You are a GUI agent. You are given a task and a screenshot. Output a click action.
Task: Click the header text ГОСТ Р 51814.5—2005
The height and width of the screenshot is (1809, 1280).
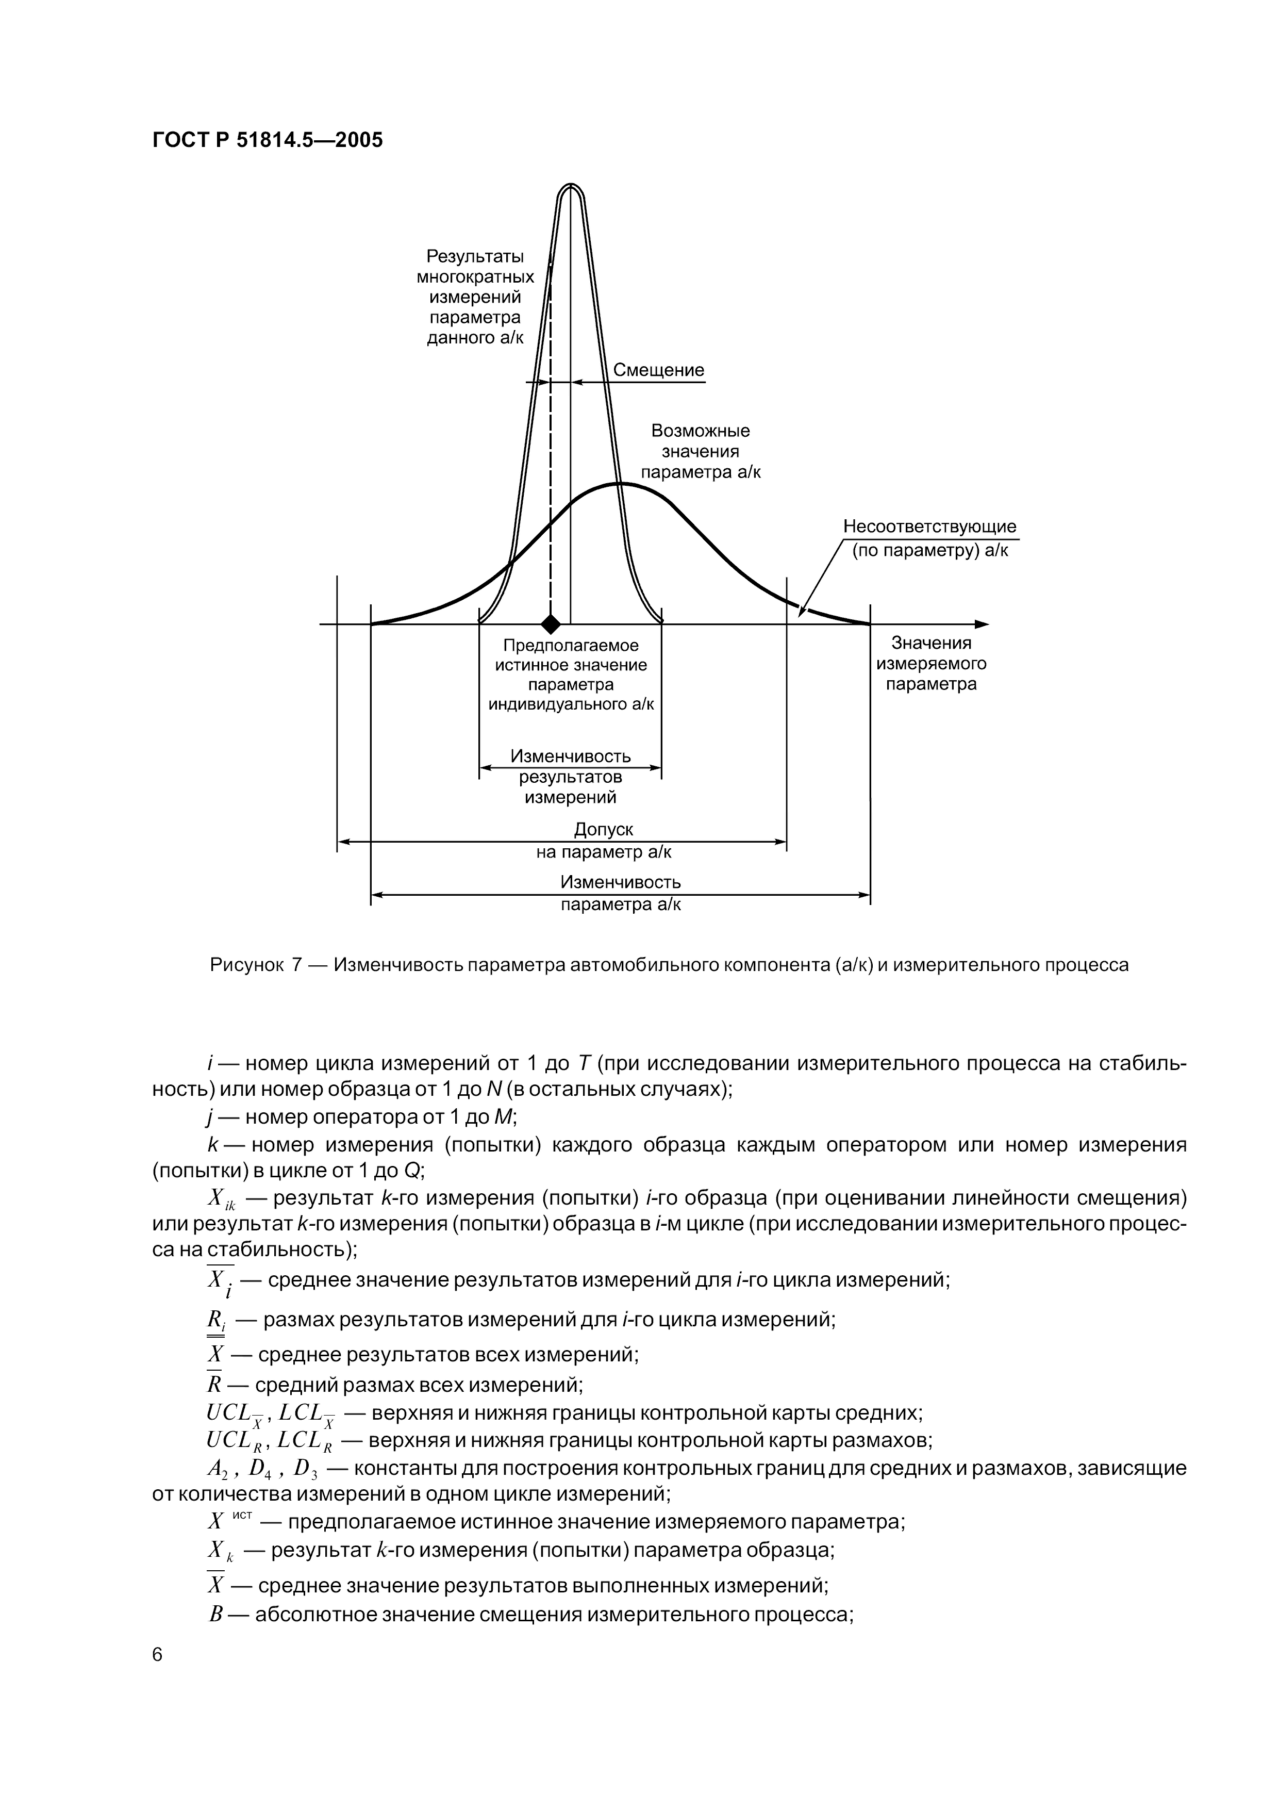click(x=267, y=140)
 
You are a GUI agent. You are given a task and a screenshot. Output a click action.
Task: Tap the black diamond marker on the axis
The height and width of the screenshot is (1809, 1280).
click(x=551, y=624)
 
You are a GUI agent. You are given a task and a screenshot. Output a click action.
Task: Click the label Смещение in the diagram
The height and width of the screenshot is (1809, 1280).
click(x=658, y=370)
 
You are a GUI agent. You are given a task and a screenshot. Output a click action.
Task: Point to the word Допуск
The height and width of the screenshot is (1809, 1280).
click(x=603, y=829)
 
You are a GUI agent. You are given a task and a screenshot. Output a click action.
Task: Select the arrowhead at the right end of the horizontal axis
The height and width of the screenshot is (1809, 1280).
click(x=982, y=624)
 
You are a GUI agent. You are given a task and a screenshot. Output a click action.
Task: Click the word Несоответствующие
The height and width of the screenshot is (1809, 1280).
click(x=929, y=527)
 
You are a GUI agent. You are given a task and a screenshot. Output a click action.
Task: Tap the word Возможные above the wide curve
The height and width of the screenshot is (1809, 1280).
click(x=700, y=431)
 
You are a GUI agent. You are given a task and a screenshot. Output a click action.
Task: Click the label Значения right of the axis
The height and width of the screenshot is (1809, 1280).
click(x=931, y=643)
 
